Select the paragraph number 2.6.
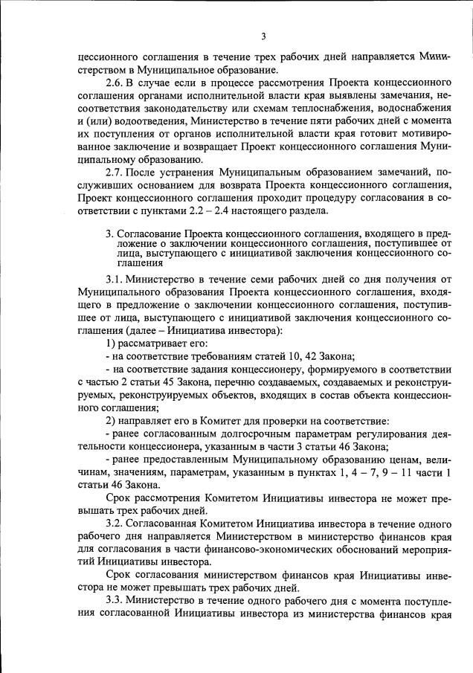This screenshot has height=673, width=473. (x=115, y=80)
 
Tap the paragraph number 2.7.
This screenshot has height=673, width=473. (x=115, y=172)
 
